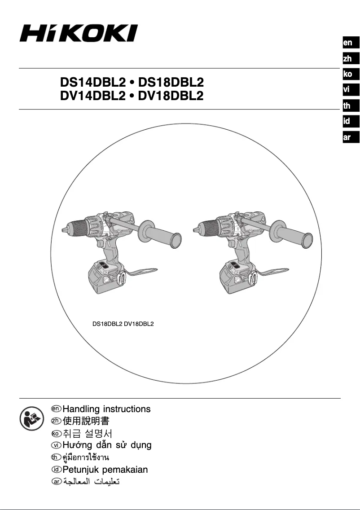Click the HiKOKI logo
click(79, 33)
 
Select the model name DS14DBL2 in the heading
click(92, 83)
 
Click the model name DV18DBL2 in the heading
click(171, 96)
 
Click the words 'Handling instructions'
click(106, 409)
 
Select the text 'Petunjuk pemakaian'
click(105, 470)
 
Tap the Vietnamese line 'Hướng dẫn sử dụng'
click(107, 445)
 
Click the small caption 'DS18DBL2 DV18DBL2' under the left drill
click(123, 323)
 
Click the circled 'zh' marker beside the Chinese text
click(56, 421)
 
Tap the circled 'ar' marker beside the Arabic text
click(56, 482)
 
